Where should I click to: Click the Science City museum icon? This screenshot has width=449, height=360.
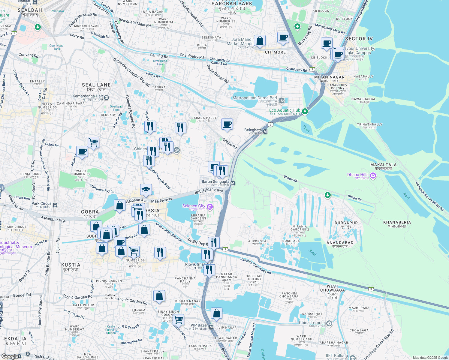pyautogui.click(x=210, y=206)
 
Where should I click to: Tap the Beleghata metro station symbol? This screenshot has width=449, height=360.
pyautogui.click(x=265, y=131)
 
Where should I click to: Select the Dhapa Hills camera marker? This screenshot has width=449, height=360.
pyautogui.click(x=373, y=175)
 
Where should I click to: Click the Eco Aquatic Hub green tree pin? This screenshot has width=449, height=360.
pyautogui.click(x=305, y=111)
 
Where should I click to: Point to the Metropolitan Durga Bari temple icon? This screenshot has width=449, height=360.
pyautogui.click(x=282, y=101)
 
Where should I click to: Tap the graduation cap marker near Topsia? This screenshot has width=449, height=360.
pyautogui.click(x=146, y=190)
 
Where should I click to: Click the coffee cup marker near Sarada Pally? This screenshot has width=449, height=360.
pyautogui.click(x=227, y=124)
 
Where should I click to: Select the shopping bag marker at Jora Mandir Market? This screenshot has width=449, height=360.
pyautogui.click(x=260, y=41)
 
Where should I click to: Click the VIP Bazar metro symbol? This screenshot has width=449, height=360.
pyautogui.click(x=211, y=327)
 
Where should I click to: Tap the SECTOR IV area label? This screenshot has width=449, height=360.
pyautogui.click(x=359, y=39)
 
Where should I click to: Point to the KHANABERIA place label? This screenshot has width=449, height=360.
pyautogui.click(x=397, y=222)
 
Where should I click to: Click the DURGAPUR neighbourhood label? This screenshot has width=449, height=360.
pyautogui.click(x=346, y=223)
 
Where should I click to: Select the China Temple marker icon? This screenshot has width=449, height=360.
pyautogui.click(x=329, y=323)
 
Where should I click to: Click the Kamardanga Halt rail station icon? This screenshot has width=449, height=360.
pyautogui.click(x=107, y=97)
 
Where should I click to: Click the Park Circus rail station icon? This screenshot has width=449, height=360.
pyautogui.click(x=55, y=205)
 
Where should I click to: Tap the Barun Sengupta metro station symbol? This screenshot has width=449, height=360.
pyautogui.click(x=233, y=183)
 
